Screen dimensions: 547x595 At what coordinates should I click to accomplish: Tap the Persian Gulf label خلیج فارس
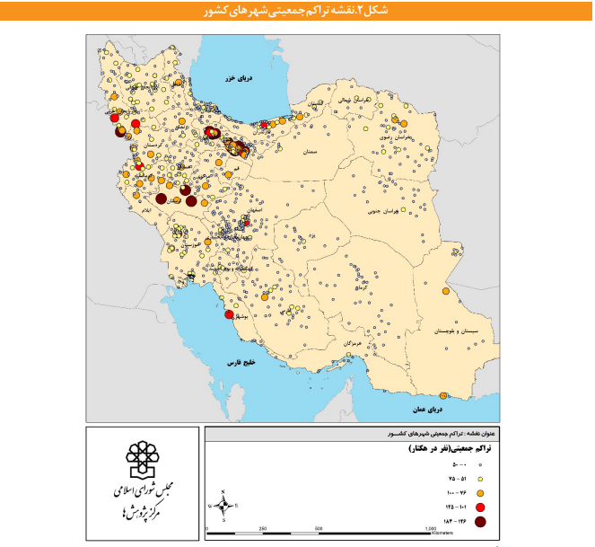click(241, 363)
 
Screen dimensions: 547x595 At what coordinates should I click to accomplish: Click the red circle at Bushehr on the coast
click(230, 315)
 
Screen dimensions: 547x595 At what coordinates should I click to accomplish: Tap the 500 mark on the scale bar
click(319, 529)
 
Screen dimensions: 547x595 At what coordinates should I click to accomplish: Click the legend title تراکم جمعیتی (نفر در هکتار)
click(440, 447)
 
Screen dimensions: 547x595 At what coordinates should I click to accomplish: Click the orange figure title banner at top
click(296, 11)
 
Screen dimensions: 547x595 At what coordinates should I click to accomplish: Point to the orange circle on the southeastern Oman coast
click(443, 396)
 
